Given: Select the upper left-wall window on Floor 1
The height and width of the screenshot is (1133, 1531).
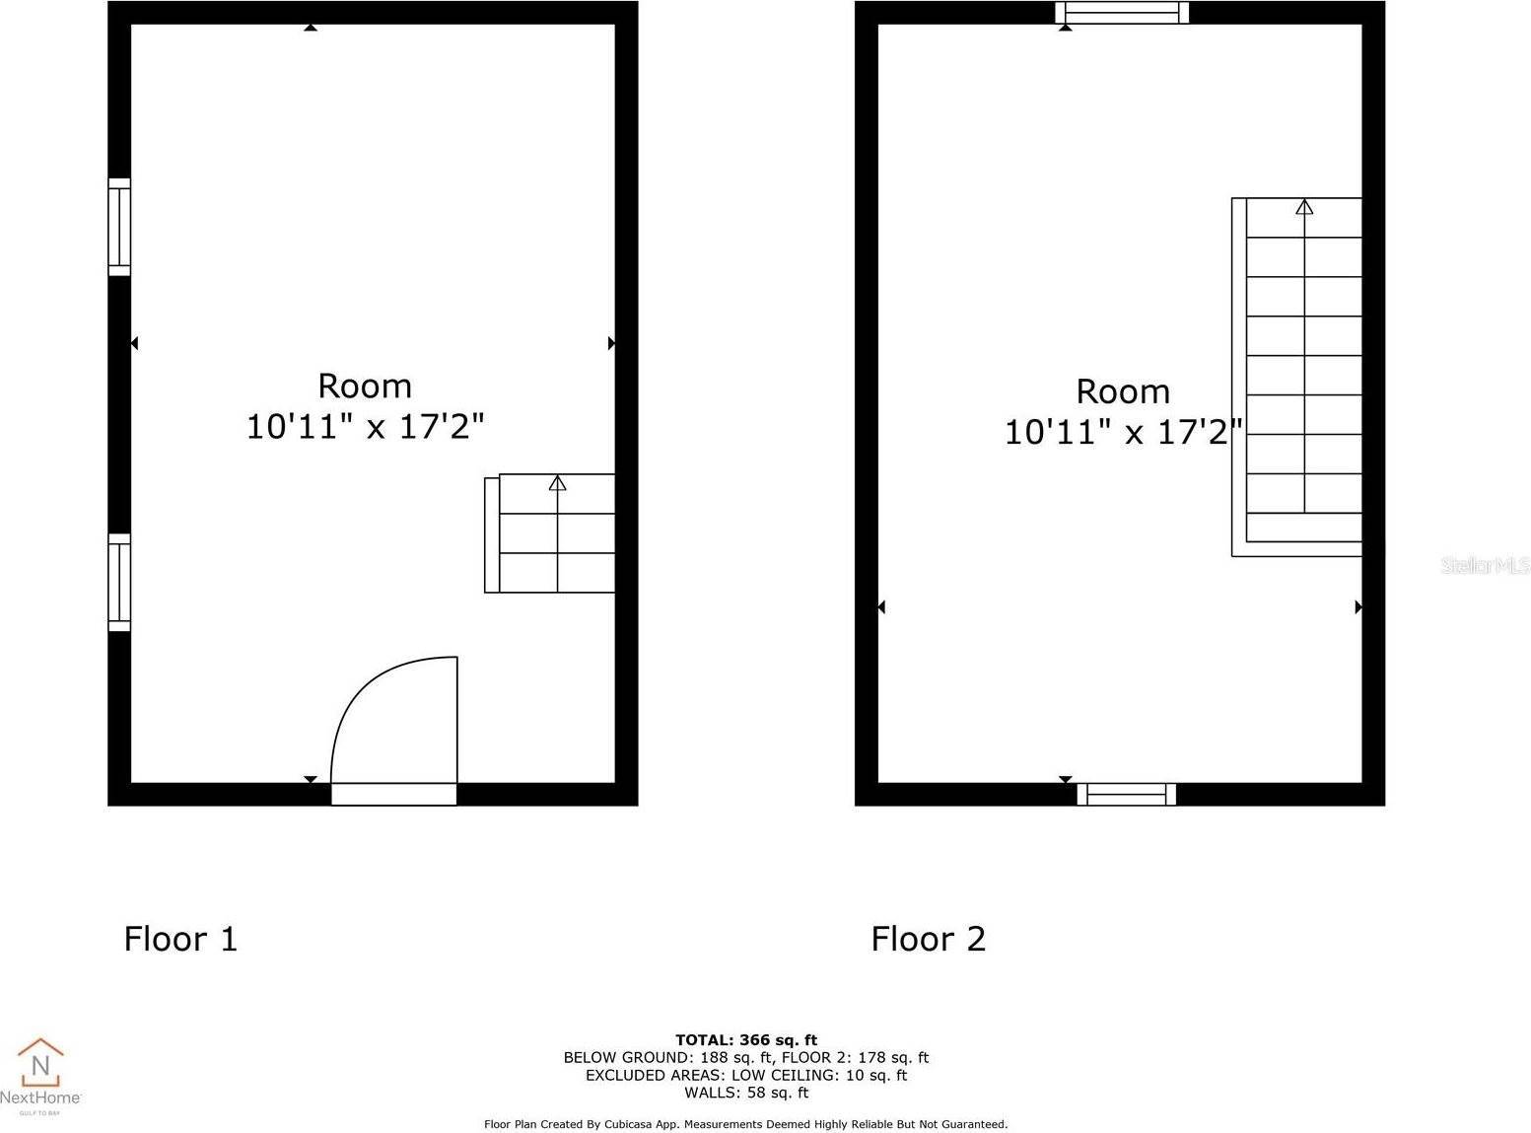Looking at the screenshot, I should (x=119, y=227).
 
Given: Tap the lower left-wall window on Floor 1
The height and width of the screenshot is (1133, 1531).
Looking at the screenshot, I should (x=119, y=582).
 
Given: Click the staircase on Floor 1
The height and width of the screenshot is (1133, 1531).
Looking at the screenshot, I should (x=550, y=533).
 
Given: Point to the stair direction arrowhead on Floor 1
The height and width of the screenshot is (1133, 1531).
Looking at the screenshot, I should (x=558, y=482).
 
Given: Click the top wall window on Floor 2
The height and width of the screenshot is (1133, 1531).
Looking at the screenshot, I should (x=1122, y=13).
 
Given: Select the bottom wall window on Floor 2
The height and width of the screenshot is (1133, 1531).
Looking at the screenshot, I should (x=1126, y=794).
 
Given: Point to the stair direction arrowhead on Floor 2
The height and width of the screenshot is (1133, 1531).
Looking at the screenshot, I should (x=1304, y=206).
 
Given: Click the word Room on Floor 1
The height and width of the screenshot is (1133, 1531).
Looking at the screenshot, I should (x=365, y=386).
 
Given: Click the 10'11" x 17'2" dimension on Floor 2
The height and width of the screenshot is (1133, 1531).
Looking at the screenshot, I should (x=1123, y=432).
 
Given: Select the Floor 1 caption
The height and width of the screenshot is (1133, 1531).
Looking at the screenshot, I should (x=180, y=939).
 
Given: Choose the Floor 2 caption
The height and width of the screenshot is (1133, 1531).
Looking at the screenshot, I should (x=928, y=939).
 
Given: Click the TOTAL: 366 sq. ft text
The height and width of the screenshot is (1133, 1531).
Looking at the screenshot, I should (x=746, y=1039).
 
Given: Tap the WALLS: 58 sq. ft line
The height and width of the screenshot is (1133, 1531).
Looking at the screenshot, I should (x=746, y=1093).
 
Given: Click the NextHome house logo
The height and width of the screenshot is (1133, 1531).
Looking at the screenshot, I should (x=40, y=1062).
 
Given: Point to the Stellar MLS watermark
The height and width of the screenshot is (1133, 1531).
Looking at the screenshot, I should (x=1485, y=565).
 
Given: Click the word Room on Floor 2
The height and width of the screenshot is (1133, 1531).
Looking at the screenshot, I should (x=1123, y=391).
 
